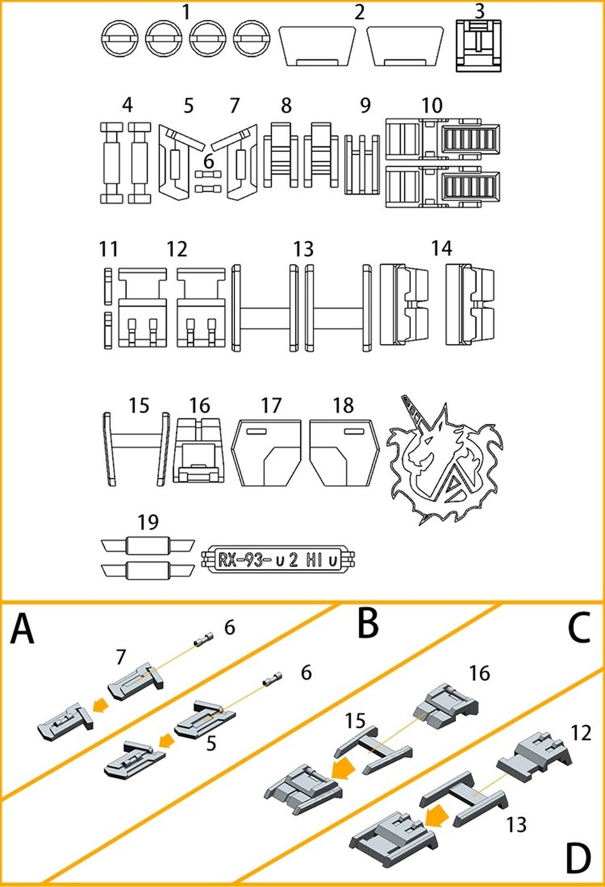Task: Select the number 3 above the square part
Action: pos(479,10)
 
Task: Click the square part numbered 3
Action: pos(478,45)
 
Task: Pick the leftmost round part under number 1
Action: pos(119,39)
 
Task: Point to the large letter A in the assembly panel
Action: pos(23,630)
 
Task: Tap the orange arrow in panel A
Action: pos(100,705)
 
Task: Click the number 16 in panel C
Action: pos(479,673)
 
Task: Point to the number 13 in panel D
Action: pos(516,824)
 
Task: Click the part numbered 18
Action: pos(344,452)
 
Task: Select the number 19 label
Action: pos(148,522)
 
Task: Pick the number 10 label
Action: pos(432,105)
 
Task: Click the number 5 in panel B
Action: pos(211,743)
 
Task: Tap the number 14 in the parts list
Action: pos(441,248)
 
